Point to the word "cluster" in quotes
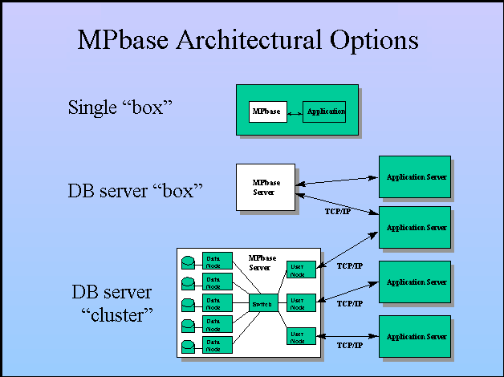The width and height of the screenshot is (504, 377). (x=117, y=314)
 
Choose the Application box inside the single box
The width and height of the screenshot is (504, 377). (x=323, y=111)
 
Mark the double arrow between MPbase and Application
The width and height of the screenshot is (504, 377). (x=294, y=112)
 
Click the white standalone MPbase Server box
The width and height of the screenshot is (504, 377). (x=265, y=188)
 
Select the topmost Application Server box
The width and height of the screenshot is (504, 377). (x=414, y=176)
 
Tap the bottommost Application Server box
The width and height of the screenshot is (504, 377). (x=414, y=336)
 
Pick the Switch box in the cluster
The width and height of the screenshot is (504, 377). (x=261, y=303)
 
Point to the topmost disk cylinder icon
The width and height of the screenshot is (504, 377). (x=188, y=261)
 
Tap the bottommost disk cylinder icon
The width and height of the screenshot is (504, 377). (x=188, y=347)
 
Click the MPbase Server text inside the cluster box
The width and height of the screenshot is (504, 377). (x=262, y=262)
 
